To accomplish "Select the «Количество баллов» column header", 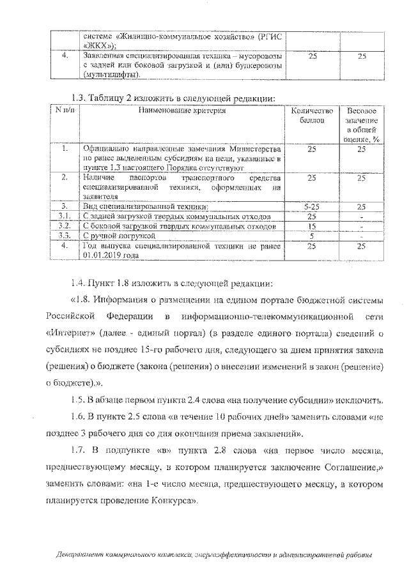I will pos(312,115).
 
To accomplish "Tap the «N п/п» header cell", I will pos(65,110).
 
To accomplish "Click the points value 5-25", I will pos(312,207).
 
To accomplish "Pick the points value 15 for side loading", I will pos(312,226).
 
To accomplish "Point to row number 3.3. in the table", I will pos(65,236).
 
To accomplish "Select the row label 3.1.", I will pos(65,217).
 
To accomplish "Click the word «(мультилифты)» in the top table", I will pos(111,75).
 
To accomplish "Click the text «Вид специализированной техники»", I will pos(145,207).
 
